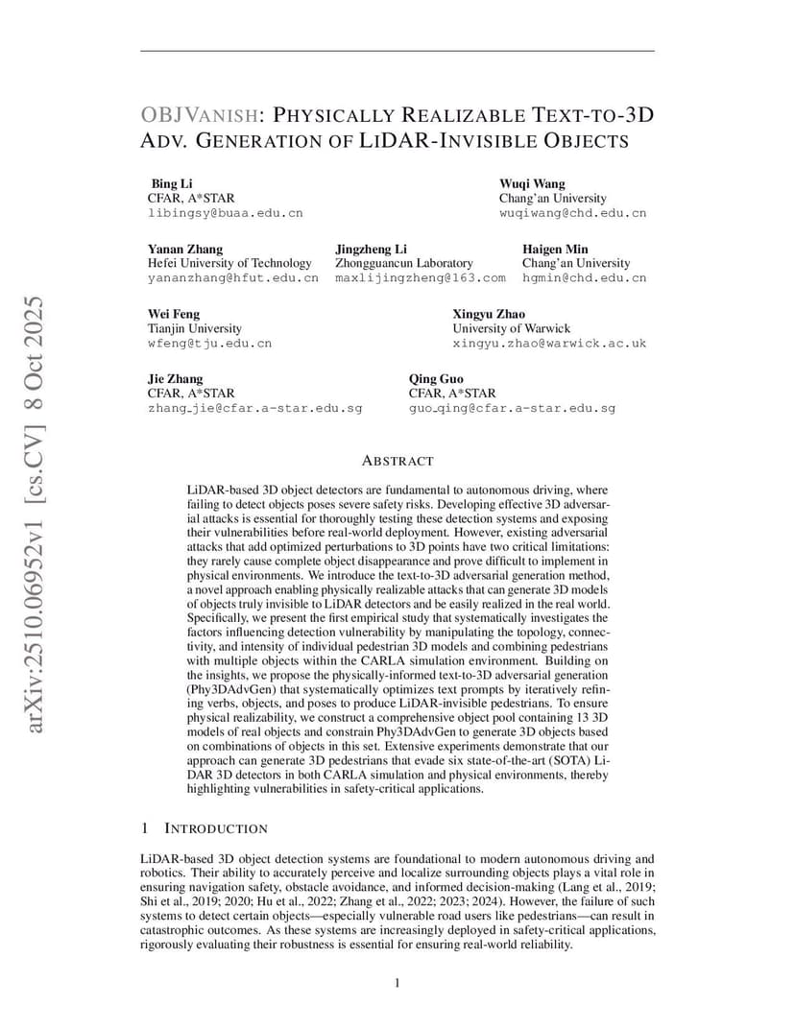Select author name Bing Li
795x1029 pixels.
click(x=172, y=183)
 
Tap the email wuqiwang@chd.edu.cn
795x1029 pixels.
click(x=572, y=214)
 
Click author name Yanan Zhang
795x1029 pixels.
click(x=185, y=249)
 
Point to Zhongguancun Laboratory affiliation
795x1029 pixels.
click(x=404, y=263)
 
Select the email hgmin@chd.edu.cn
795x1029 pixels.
click(x=584, y=278)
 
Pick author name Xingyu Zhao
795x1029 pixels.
click(x=489, y=314)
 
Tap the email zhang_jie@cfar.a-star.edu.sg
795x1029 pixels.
click(x=254, y=408)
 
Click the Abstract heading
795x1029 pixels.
click(x=397, y=462)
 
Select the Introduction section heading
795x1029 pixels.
click(x=216, y=828)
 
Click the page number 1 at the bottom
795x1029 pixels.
click(x=397, y=982)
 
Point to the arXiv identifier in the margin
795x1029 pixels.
click(x=34, y=514)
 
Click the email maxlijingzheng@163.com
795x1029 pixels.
click(x=420, y=278)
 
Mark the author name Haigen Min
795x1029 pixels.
click(x=555, y=249)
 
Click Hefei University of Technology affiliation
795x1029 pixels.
click(x=229, y=263)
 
